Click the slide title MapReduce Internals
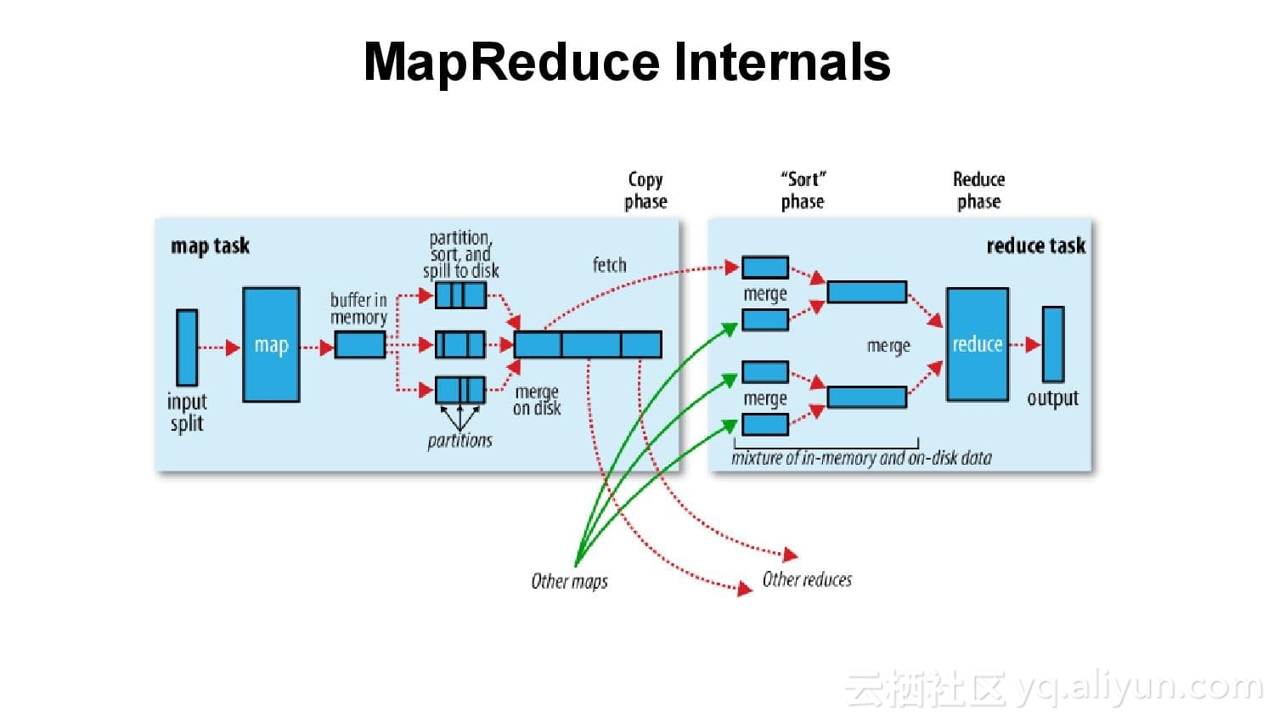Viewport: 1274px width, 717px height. click(x=627, y=62)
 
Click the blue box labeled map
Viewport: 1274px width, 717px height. click(x=271, y=344)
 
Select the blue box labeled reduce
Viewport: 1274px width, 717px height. click(x=977, y=344)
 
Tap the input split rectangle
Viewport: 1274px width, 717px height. click(x=187, y=347)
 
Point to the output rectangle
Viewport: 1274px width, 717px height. click(x=1053, y=344)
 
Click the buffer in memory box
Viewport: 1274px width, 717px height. click(x=359, y=345)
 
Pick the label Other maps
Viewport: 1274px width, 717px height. click(x=569, y=582)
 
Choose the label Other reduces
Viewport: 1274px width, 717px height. click(x=807, y=579)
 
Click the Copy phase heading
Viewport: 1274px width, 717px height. click(x=645, y=190)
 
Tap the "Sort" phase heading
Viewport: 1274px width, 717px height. click(x=803, y=190)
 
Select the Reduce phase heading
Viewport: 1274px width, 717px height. click(x=978, y=190)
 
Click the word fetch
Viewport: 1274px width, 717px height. click(x=609, y=265)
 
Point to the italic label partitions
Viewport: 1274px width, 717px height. click(x=459, y=440)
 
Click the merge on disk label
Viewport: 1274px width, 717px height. click(x=537, y=400)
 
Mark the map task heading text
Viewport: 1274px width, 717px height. click(x=210, y=246)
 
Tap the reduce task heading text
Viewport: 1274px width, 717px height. click(x=1035, y=246)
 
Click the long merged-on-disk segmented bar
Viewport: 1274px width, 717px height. click(x=588, y=345)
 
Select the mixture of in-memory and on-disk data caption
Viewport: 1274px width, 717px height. click(x=861, y=458)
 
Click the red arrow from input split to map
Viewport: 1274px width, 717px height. click(x=219, y=347)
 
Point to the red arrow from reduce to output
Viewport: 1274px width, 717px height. click(x=1025, y=344)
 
